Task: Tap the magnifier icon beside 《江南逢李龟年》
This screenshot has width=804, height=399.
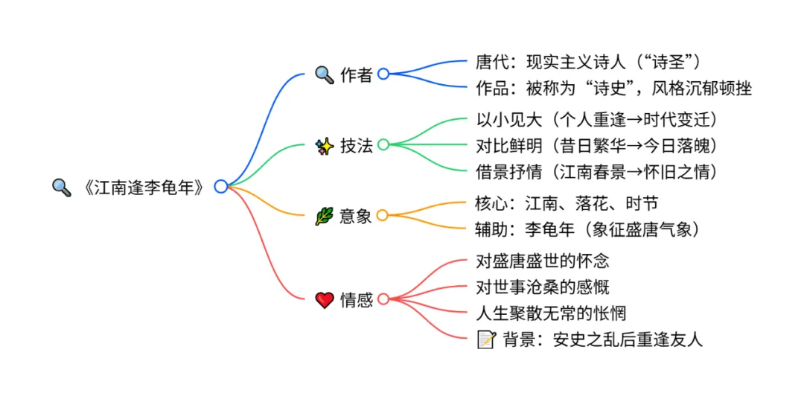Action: point(61,187)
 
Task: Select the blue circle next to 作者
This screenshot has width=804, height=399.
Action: point(383,74)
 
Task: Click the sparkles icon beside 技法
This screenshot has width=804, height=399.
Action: point(324,145)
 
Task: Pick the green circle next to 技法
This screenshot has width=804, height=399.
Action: point(383,144)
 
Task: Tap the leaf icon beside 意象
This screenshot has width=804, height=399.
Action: point(324,216)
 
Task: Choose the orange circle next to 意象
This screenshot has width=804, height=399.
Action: point(383,216)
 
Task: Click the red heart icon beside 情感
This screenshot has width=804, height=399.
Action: point(324,300)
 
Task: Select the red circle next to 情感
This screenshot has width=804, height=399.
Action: point(383,299)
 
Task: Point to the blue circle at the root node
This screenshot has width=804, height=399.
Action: point(220,187)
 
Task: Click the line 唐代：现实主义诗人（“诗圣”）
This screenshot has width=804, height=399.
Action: point(588,60)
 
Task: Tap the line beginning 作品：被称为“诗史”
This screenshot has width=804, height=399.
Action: point(613,89)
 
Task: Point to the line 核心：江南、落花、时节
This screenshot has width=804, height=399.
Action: point(567,202)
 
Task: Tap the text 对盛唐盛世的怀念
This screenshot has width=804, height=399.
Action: point(543,261)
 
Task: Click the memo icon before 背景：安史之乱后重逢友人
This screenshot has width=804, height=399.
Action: point(486,339)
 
